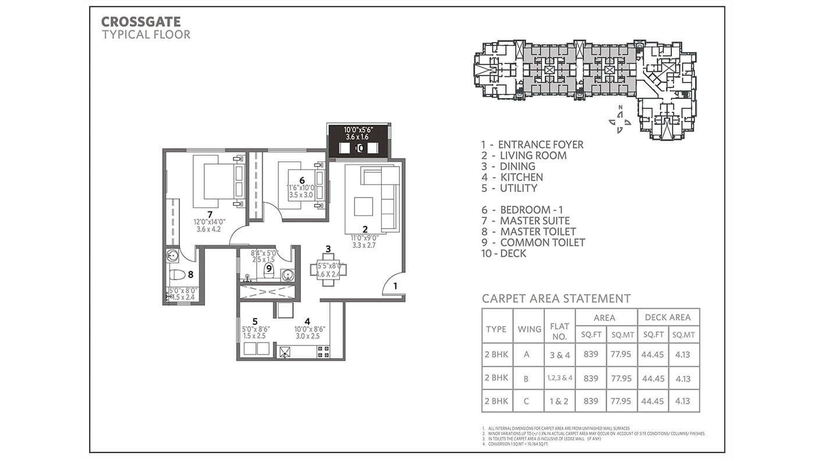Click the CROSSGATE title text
[141, 22]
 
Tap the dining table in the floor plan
[329, 269]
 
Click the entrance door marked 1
[392, 286]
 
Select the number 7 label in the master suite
[210, 214]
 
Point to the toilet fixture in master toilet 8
[177, 274]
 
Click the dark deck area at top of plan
[359, 141]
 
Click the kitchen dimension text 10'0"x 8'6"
[309, 329]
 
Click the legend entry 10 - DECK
[504, 253]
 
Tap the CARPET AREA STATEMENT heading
[556, 299]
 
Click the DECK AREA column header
[668, 317]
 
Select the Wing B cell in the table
[526, 378]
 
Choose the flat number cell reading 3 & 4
[559, 355]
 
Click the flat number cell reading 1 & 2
[559, 401]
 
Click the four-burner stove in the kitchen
[322, 351]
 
